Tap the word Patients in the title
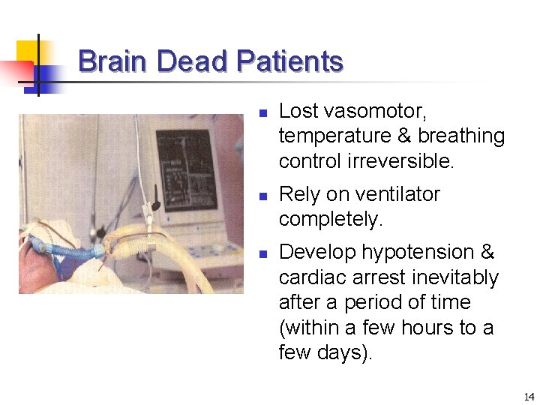[x=289, y=61]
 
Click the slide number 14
[x=529, y=397]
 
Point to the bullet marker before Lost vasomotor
[x=262, y=115]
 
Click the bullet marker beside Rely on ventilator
[x=262, y=197]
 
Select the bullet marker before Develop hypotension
[x=262, y=255]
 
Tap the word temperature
[x=329, y=136]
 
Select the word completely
[x=330, y=220]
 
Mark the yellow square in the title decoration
[x=27, y=50]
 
